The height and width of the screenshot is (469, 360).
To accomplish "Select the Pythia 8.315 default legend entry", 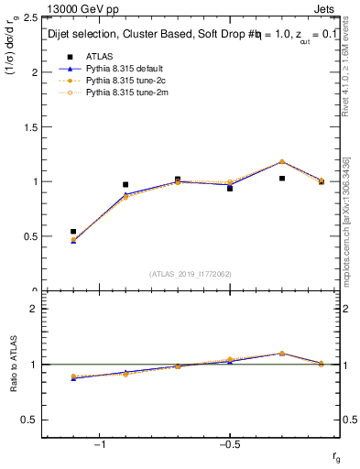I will coord(121,69).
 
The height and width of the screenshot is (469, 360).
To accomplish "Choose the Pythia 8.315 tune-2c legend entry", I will coord(121,81).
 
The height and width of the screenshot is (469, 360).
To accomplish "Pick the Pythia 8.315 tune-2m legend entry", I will coord(121,93).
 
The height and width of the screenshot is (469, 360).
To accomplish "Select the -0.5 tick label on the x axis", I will coord(229,446).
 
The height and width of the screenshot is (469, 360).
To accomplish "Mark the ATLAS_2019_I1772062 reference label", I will coord(191,274).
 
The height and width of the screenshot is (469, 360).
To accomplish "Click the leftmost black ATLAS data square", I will coord(73,232).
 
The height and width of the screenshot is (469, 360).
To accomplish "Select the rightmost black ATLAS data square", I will coord(322,181).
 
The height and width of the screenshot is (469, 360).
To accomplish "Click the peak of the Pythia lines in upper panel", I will coord(281,161).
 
